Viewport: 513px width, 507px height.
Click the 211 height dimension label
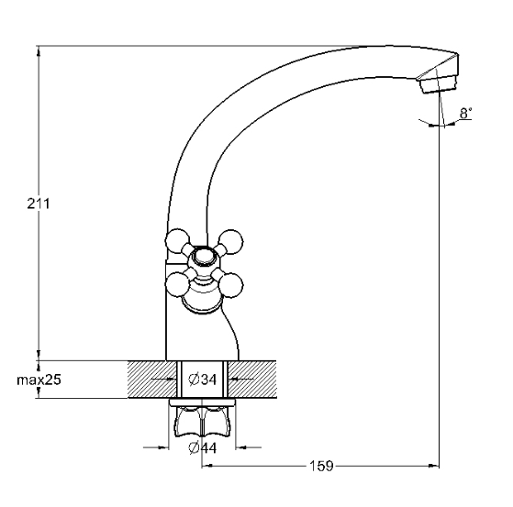(39, 204)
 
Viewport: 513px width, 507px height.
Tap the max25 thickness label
(39, 380)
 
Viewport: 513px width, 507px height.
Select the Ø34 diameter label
(203, 380)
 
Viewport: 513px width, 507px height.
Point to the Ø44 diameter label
(203, 447)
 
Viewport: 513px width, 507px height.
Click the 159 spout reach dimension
(321, 466)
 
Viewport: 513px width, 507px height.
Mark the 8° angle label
(466, 114)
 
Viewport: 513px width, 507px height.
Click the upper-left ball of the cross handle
(177, 241)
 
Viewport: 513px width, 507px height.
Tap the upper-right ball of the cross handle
(231, 241)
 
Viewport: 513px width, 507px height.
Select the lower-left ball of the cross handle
(178, 285)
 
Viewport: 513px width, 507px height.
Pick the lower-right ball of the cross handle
(231, 285)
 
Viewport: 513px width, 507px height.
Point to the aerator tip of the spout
(439, 84)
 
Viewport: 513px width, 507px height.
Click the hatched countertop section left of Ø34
(152, 380)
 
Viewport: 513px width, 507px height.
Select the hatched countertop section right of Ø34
(252, 380)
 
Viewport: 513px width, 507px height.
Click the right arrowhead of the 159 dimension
(434, 466)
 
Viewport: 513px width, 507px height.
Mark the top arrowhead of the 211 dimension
(39, 51)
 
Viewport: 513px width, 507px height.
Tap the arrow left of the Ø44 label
(156, 447)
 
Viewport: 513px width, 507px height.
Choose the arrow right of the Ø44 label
(249, 447)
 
